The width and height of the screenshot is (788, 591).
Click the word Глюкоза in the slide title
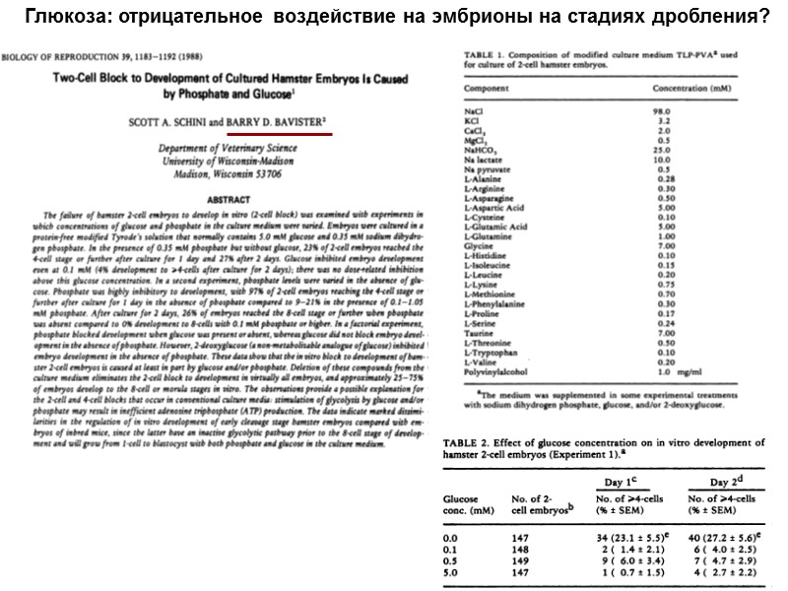tap(69, 17)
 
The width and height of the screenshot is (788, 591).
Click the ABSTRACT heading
tap(220, 201)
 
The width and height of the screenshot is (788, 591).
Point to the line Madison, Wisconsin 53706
tap(221, 172)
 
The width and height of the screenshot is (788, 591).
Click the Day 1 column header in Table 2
tap(615, 480)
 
